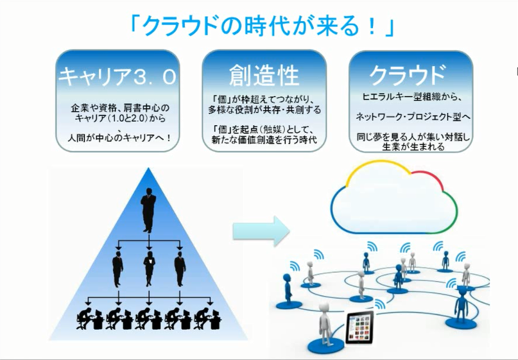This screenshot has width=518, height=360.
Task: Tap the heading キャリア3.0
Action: tap(117, 76)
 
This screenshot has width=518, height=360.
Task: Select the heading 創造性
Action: tap(264, 75)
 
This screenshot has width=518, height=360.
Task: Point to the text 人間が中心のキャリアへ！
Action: tap(119, 138)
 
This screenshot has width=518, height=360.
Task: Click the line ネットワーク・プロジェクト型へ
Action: tap(413, 117)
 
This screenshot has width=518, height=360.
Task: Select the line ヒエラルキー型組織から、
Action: tap(411, 97)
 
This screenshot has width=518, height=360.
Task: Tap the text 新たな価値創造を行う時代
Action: tap(264, 140)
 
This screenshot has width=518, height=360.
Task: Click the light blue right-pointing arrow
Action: tap(261, 231)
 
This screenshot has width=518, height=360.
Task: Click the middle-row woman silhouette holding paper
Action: tap(150, 268)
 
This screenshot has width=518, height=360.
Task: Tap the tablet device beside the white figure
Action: tap(359, 327)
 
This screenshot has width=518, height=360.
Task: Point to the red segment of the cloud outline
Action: tap(431, 176)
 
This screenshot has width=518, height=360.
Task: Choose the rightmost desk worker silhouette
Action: tap(207, 318)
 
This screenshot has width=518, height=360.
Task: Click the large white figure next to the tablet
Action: tap(325, 324)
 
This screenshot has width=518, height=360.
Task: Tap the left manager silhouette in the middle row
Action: tap(117, 269)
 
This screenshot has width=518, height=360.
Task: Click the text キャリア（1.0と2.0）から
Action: tap(119, 118)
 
